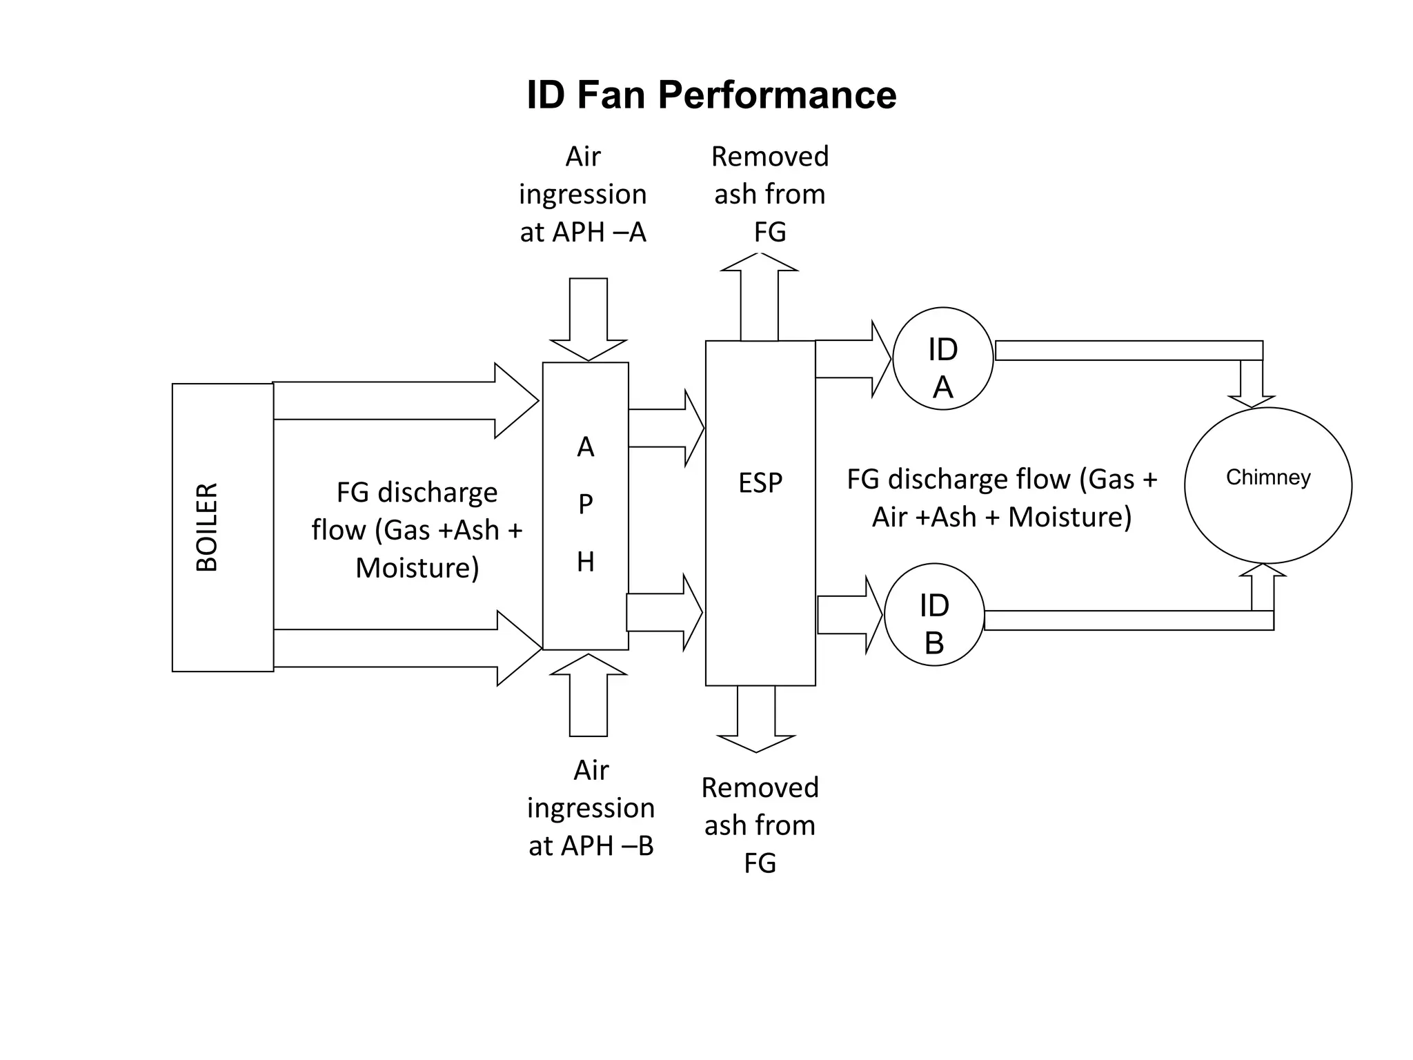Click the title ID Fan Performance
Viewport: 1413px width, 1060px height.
[x=711, y=95]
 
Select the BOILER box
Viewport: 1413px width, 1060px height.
[x=222, y=527]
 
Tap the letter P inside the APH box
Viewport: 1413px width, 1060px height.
[x=585, y=504]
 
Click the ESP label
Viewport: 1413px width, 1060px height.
[x=760, y=482]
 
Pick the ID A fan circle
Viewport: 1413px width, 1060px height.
[x=942, y=359]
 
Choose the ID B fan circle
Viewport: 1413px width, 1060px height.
[x=933, y=615]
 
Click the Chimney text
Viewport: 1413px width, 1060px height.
[x=1267, y=478]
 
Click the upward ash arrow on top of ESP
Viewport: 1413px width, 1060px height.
[x=759, y=297]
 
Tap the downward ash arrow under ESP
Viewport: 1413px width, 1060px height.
[x=756, y=718]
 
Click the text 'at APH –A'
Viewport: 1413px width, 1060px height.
[x=583, y=233]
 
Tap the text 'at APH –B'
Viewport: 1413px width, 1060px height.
[x=591, y=846]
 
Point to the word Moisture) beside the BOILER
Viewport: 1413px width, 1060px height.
[x=417, y=568]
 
